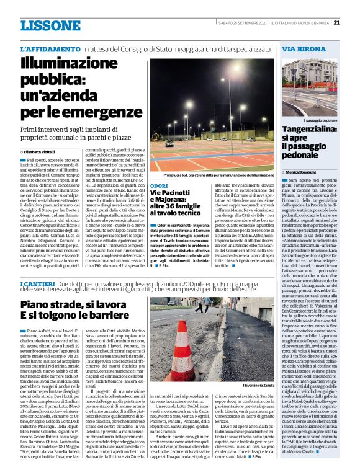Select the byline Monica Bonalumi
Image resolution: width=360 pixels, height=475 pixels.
[x=304, y=170]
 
